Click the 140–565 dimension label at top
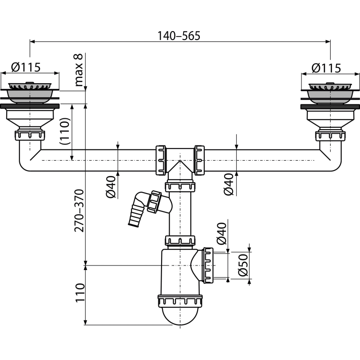(179, 36)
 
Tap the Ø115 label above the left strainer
(26, 67)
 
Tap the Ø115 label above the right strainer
(326, 68)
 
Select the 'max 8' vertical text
(78, 70)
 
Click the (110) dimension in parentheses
(64, 131)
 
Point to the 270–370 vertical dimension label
(80, 211)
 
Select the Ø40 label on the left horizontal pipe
(111, 187)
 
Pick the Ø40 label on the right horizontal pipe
(229, 184)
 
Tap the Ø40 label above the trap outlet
(222, 233)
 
